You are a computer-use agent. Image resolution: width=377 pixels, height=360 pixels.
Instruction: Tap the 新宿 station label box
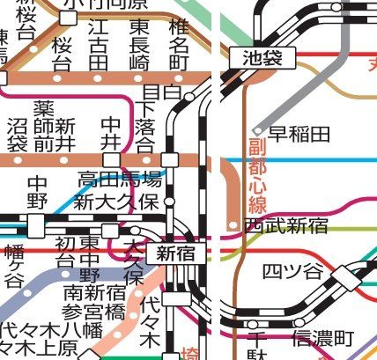tap(175, 254)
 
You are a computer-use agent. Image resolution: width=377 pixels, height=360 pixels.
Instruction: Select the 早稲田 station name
tap(299, 134)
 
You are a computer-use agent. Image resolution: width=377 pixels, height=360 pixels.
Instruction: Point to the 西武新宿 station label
tap(286, 226)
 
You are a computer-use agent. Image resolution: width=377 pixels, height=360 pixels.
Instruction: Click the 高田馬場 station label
tap(119, 180)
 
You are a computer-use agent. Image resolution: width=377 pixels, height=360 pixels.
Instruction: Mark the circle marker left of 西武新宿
tap(233, 225)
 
